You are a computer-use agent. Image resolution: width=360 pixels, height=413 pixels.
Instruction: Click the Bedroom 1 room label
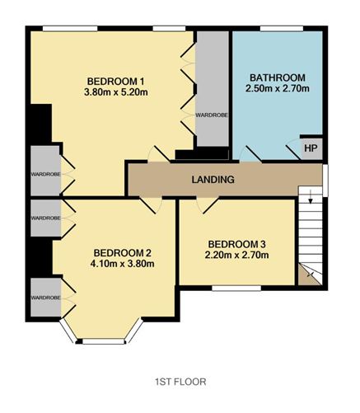(x=115, y=82)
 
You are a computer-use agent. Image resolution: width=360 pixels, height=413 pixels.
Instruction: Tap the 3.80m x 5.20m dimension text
(x=116, y=92)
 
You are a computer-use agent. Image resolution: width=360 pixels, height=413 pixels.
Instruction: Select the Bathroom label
(x=278, y=77)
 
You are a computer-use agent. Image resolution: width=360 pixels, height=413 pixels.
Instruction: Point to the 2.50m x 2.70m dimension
(x=278, y=88)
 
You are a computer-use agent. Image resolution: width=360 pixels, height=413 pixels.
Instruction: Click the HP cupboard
(x=311, y=148)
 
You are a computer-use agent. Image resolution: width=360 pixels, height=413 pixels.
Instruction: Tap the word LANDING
(x=213, y=180)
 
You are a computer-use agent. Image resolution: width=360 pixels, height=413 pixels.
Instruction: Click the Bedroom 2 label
(x=122, y=252)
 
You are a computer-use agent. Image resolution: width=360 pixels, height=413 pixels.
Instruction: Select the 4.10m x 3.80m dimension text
(x=122, y=264)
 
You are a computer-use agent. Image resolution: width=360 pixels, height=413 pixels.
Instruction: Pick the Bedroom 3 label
(x=237, y=244)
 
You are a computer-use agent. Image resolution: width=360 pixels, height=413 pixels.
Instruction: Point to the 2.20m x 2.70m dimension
(x=236, y=255)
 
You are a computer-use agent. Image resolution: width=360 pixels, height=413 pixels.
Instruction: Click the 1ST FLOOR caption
(x=180, y=382)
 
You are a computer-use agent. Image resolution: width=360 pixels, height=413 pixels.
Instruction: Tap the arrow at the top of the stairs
(x=311, y=197)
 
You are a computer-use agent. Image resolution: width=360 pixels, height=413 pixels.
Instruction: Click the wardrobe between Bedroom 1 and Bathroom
(x=213, y=89)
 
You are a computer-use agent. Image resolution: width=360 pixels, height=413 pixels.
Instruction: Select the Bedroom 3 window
(x=236, y=288)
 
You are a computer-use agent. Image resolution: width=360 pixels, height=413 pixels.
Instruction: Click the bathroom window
(x=282, y=28)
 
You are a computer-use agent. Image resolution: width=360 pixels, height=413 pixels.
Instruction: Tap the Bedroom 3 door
(x=208, y=205)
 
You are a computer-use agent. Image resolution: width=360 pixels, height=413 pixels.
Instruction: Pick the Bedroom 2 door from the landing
(x=151, y=205)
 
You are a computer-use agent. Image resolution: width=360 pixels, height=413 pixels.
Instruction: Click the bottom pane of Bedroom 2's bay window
(x=104, y=341)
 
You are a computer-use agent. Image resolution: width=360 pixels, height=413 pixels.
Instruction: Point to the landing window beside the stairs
(x=325, y=181)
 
